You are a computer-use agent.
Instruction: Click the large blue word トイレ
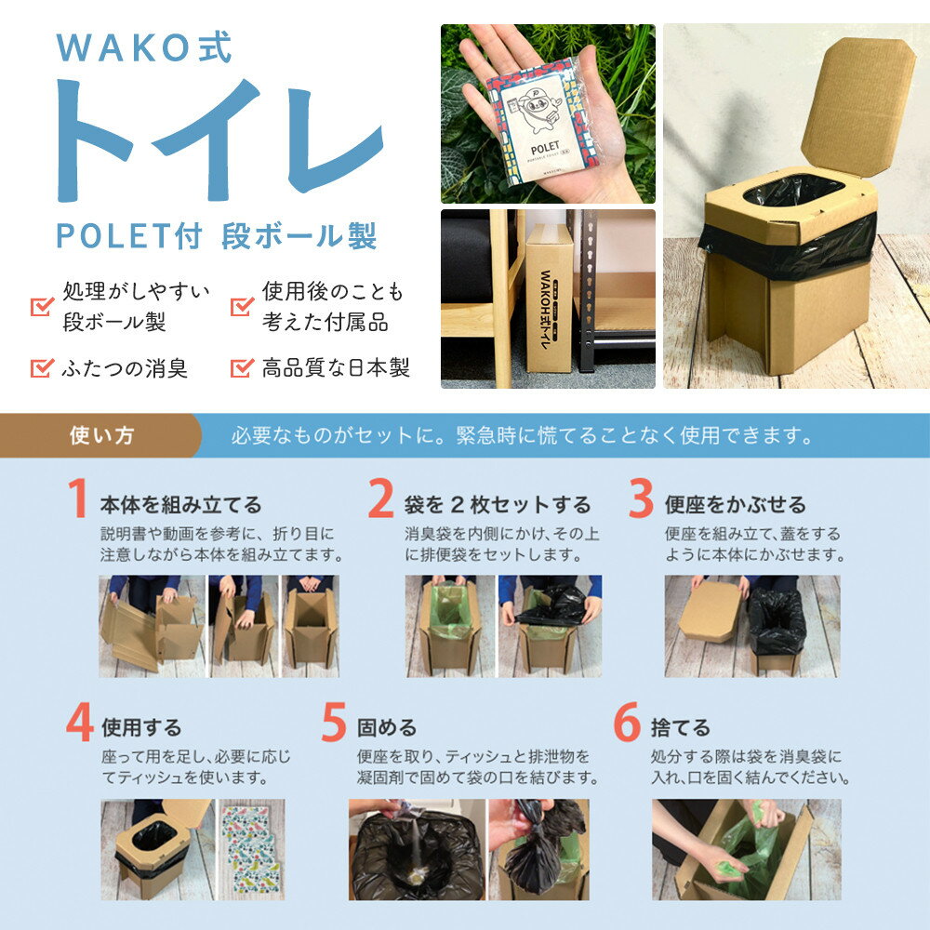219,140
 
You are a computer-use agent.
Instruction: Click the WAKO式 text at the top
144,47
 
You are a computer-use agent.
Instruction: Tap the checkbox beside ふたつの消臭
42,367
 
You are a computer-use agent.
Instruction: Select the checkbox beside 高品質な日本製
242,367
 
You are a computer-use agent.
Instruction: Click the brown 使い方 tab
100,435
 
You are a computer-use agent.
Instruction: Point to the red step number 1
78,498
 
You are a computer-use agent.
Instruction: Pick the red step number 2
380,498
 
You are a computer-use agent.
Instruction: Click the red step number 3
641,498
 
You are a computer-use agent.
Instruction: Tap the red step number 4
79,722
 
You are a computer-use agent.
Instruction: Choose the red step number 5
334,722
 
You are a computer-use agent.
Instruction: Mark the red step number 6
627,722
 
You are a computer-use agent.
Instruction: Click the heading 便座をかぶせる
736,505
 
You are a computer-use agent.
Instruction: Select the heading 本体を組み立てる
181,505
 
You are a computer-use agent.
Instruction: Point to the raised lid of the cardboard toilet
857,107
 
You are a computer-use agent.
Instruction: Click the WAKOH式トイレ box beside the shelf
550,298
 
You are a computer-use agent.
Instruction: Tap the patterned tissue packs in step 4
252,849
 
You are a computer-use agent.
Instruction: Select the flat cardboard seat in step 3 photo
710,612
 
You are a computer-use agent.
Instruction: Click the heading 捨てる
681,728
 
